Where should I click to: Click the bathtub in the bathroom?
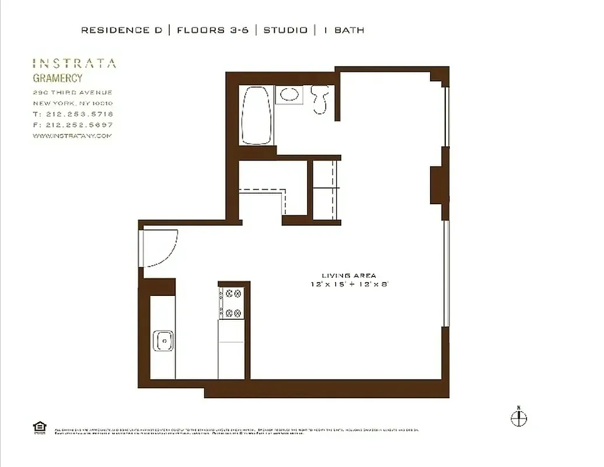tap(257, 115)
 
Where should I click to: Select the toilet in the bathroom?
tap(320, 99)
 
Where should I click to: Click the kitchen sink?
tap(163, 340)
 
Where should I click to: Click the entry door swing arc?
tap(160, 248)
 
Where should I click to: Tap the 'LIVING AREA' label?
tap(349, 276)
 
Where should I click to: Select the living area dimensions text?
tap(349, 284)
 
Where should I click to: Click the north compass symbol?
tap(519, 417)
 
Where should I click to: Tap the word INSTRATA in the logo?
tap(74, 64)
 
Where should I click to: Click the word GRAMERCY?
tap(57, 78)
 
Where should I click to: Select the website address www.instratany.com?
tap(72, 136)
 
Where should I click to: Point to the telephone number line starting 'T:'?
tap(73, 114)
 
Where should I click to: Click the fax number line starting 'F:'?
tap(73, 125)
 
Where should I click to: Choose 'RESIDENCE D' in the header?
tap(121, 30)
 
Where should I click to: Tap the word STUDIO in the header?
tap(285, 30)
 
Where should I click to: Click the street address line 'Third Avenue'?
tap(73, 93)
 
